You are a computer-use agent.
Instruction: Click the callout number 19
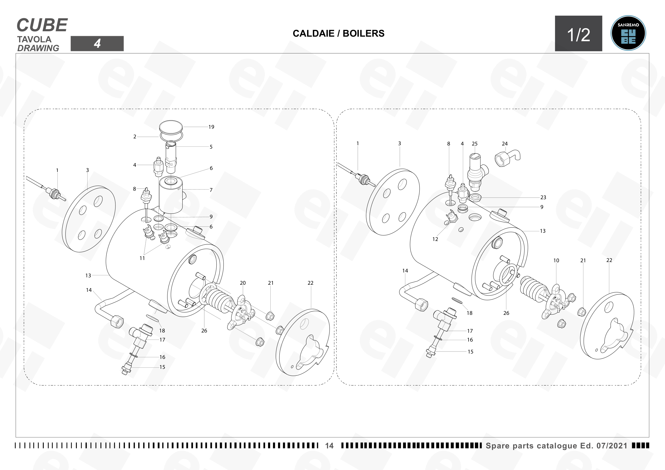(x=212, y=127)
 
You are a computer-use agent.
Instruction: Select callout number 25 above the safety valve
(x=475, y=144)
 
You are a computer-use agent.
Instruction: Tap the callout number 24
(x=505, y=144)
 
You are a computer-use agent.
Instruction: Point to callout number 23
(x=543, y=197)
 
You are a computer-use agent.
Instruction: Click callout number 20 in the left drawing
(x=243, y=283)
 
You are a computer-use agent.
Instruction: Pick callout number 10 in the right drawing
(x=556, y=261)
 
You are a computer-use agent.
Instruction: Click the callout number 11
(x=142, y=258)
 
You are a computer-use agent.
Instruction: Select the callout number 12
(x=435, y=239)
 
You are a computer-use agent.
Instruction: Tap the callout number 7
(x=211, y=190)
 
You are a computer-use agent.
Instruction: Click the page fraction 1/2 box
(x=578, y=33)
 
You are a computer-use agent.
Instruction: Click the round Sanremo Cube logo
(x=628, y=33)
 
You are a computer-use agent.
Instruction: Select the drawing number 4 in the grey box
(x=97, y=43)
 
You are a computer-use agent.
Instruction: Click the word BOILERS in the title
(x=364, y=33)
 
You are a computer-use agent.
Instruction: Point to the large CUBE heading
(x=42, y=25)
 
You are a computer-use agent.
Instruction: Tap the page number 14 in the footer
(x=329, y=446)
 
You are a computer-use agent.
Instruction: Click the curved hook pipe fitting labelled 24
(x=507, y=159)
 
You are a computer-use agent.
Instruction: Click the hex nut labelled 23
(x=475, y=198)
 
